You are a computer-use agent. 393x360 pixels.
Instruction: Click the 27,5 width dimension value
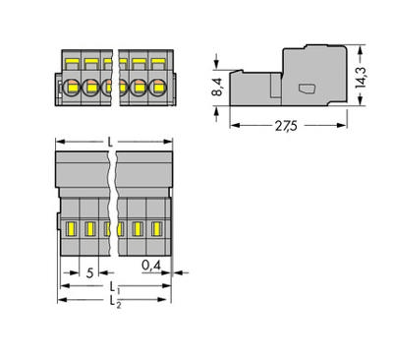point(286,127)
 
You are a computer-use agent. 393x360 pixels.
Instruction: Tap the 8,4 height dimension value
point(216,89)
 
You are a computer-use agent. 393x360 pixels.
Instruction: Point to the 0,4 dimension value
point(150,265)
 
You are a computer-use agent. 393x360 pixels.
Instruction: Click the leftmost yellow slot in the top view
point(72,229)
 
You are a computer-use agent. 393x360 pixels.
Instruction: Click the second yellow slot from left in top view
point(88,229)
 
